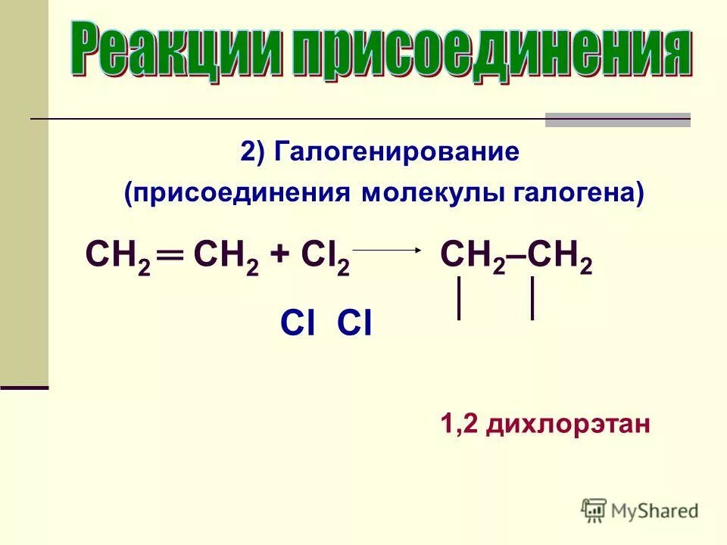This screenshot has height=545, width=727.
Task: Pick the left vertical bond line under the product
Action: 459,299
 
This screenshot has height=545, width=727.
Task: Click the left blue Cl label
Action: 298,324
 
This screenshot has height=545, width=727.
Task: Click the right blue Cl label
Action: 354,324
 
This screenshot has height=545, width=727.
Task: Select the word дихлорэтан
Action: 568,424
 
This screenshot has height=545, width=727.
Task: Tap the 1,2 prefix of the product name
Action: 459,424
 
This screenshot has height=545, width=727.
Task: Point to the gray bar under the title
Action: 618,120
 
